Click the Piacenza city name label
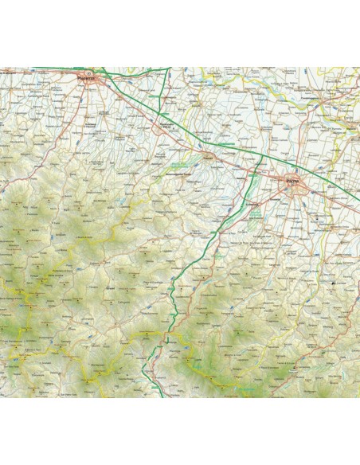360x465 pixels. (x=87, y=79)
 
